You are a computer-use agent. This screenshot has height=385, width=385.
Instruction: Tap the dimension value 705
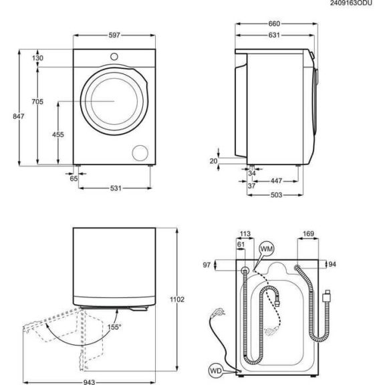click(37, 102)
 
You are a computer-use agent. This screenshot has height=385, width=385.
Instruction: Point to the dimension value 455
click(57, 135)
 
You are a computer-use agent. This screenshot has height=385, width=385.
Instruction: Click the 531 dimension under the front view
click(115, 188)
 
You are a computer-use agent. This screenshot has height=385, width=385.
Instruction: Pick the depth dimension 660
click(274, 24)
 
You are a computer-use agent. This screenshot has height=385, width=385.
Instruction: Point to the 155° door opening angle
click(114, 328)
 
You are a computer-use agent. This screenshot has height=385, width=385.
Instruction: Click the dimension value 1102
click(178, 299)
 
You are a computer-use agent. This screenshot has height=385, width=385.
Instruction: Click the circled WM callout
click(267, 249)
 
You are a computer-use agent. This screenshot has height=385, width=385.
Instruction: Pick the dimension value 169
click(309, 234)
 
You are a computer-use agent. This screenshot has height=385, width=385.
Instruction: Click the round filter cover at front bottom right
click(141, 152)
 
